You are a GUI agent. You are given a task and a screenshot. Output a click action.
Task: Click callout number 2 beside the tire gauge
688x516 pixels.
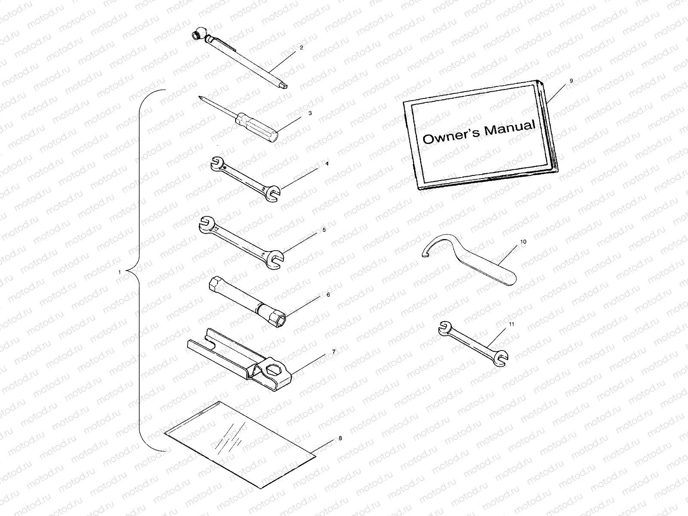[x=301, y=48]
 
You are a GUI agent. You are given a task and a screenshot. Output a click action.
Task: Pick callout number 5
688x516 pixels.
[x=324, y=230]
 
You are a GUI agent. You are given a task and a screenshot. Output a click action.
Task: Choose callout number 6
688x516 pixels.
[x=328, y=295]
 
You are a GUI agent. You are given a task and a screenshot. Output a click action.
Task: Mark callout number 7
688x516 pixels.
[x=334, y=352]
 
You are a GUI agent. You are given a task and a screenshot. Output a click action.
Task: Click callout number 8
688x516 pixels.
[x=340, y=438]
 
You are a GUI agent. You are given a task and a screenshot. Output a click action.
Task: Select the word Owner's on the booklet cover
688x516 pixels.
[x=451, y=137]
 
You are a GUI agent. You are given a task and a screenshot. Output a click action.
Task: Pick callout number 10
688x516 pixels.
[x=523, y=242]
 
